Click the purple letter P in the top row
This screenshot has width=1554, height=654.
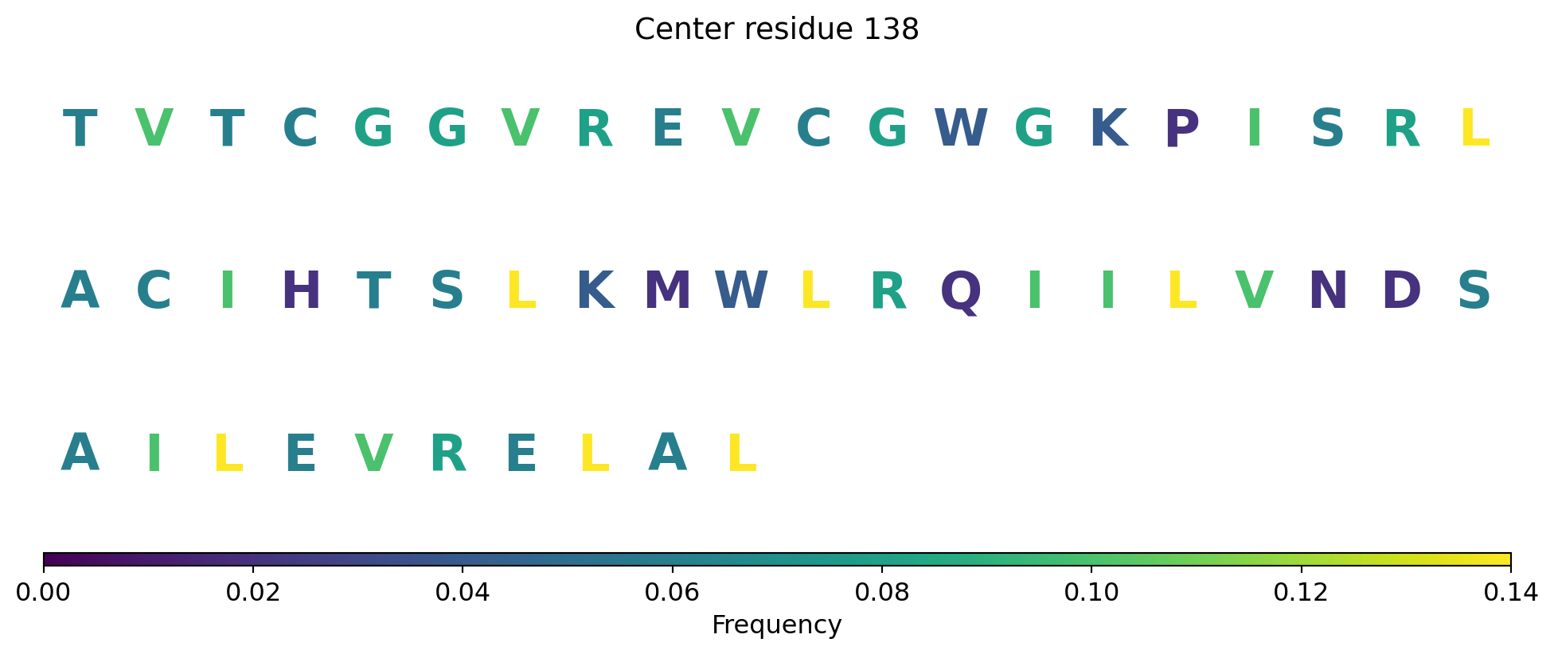click(1181, 128)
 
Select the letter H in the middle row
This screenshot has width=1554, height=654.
click(301, 291)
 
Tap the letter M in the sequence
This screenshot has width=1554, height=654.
click(667, 291)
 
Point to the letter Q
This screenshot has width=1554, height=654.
click(961, 293)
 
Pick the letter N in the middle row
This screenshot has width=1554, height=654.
click(1328, 291)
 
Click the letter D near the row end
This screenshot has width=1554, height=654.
click(1401, 291)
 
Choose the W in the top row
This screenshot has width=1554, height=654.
click(961, 128)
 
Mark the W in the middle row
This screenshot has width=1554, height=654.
click(740, 291)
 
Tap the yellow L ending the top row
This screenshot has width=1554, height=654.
click(1474, 128)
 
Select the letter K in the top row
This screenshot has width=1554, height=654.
click(1108, 128)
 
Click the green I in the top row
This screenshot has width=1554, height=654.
click(1255, 128)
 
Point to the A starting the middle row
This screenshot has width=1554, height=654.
click(80, 291)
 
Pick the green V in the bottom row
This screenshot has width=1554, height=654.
click(374, 454)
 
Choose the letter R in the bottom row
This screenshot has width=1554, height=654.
click(447, 454)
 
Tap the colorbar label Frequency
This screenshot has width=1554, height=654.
click(777, 625)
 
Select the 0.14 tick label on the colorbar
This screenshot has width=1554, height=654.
click(1510, 593)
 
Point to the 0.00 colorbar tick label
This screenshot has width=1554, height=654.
click(44, 593)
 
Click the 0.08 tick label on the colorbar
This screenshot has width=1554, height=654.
click(881, 593)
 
